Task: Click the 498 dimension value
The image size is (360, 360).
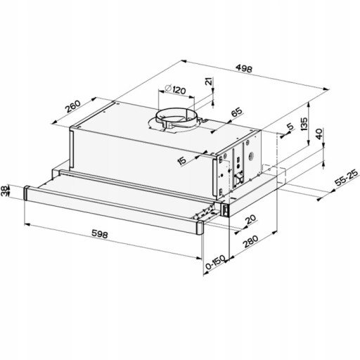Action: (244, 68)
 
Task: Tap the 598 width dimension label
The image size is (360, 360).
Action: (100, 233)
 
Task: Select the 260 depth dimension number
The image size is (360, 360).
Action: (72, 106)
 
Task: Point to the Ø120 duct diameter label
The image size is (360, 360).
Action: (175, 89)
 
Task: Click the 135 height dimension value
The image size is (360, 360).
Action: (304, 124)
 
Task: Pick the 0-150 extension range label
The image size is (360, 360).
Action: (215, 262)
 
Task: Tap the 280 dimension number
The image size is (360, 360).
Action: (251, 241)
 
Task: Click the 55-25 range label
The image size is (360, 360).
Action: (347, 177)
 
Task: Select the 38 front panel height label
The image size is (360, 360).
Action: (4, 191)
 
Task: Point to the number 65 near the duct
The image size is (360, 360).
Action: (236, 112)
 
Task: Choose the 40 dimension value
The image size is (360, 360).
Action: (319, 134)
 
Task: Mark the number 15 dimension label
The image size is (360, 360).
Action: (182, 160)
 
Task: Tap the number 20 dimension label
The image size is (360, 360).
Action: (250, 219)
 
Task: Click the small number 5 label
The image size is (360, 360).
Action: (290, 127)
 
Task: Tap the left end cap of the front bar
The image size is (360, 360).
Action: (27, 193)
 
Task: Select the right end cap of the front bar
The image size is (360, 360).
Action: (200, 227)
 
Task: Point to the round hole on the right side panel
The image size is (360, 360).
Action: (251, 155)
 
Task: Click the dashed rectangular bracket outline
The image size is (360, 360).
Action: (274, 174)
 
